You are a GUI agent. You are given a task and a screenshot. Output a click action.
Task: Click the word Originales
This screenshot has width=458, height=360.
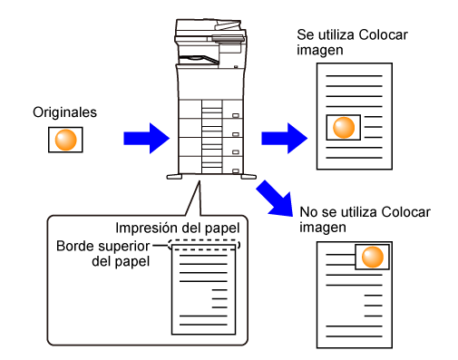(64, 112)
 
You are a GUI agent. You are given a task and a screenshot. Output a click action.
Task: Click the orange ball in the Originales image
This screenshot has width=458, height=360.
(65, 140)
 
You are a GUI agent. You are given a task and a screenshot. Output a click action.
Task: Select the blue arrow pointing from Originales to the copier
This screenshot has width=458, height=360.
(147, 139)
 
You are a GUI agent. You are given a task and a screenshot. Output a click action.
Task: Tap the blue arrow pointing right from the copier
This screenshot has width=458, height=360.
(285, 139)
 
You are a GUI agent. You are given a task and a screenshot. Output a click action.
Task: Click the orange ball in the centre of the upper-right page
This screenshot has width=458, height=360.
(344, 127)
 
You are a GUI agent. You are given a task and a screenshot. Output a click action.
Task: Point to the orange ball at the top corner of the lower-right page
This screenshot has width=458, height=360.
(373, 257)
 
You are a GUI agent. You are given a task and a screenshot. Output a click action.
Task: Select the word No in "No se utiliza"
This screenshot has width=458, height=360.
(308, 212)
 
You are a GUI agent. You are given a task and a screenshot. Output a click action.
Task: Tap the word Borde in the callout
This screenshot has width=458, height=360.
(73, 246)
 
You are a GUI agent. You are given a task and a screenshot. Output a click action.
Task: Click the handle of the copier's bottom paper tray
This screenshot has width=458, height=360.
(236, 171)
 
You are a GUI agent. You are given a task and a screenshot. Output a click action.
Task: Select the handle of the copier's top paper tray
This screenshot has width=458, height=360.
(236, 115)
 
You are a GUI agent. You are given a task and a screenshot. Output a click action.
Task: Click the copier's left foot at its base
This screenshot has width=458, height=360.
(174, 177)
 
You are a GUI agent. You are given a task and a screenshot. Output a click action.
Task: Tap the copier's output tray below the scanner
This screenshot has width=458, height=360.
(199, 60)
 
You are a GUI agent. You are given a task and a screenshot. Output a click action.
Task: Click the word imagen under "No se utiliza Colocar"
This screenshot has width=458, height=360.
(323, 228)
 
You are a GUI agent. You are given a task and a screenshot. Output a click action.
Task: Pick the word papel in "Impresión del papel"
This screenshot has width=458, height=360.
(227, 229)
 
